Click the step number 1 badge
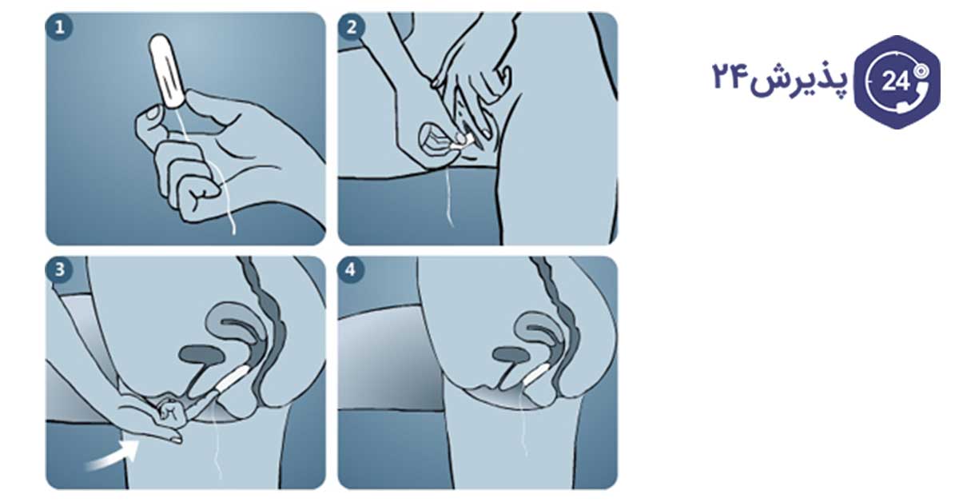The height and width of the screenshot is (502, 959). pos(59,28)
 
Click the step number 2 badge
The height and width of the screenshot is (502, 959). pos(351,27)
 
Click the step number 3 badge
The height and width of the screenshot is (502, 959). pos(59,270)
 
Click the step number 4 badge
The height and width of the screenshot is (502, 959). pos(351,270)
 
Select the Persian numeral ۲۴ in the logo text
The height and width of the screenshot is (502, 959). pos(730,76)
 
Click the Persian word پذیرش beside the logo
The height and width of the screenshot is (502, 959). pos(799,80)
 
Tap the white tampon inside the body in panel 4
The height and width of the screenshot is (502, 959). pos(535,375)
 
